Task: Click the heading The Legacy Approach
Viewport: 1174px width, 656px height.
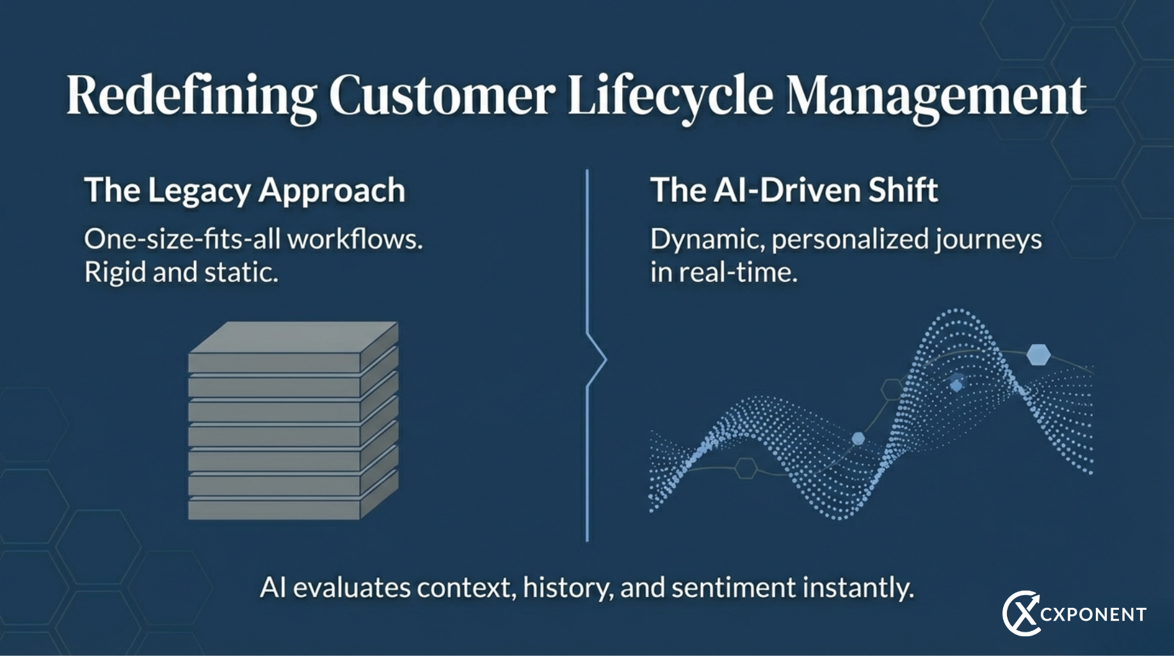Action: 245,190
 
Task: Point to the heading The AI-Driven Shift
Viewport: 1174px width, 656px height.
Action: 794,190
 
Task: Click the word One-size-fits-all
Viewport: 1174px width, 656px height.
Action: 182,239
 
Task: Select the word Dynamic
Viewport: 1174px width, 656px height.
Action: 707,239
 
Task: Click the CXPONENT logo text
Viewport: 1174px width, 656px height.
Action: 1093,615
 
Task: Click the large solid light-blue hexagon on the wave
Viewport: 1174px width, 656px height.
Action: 1038,354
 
